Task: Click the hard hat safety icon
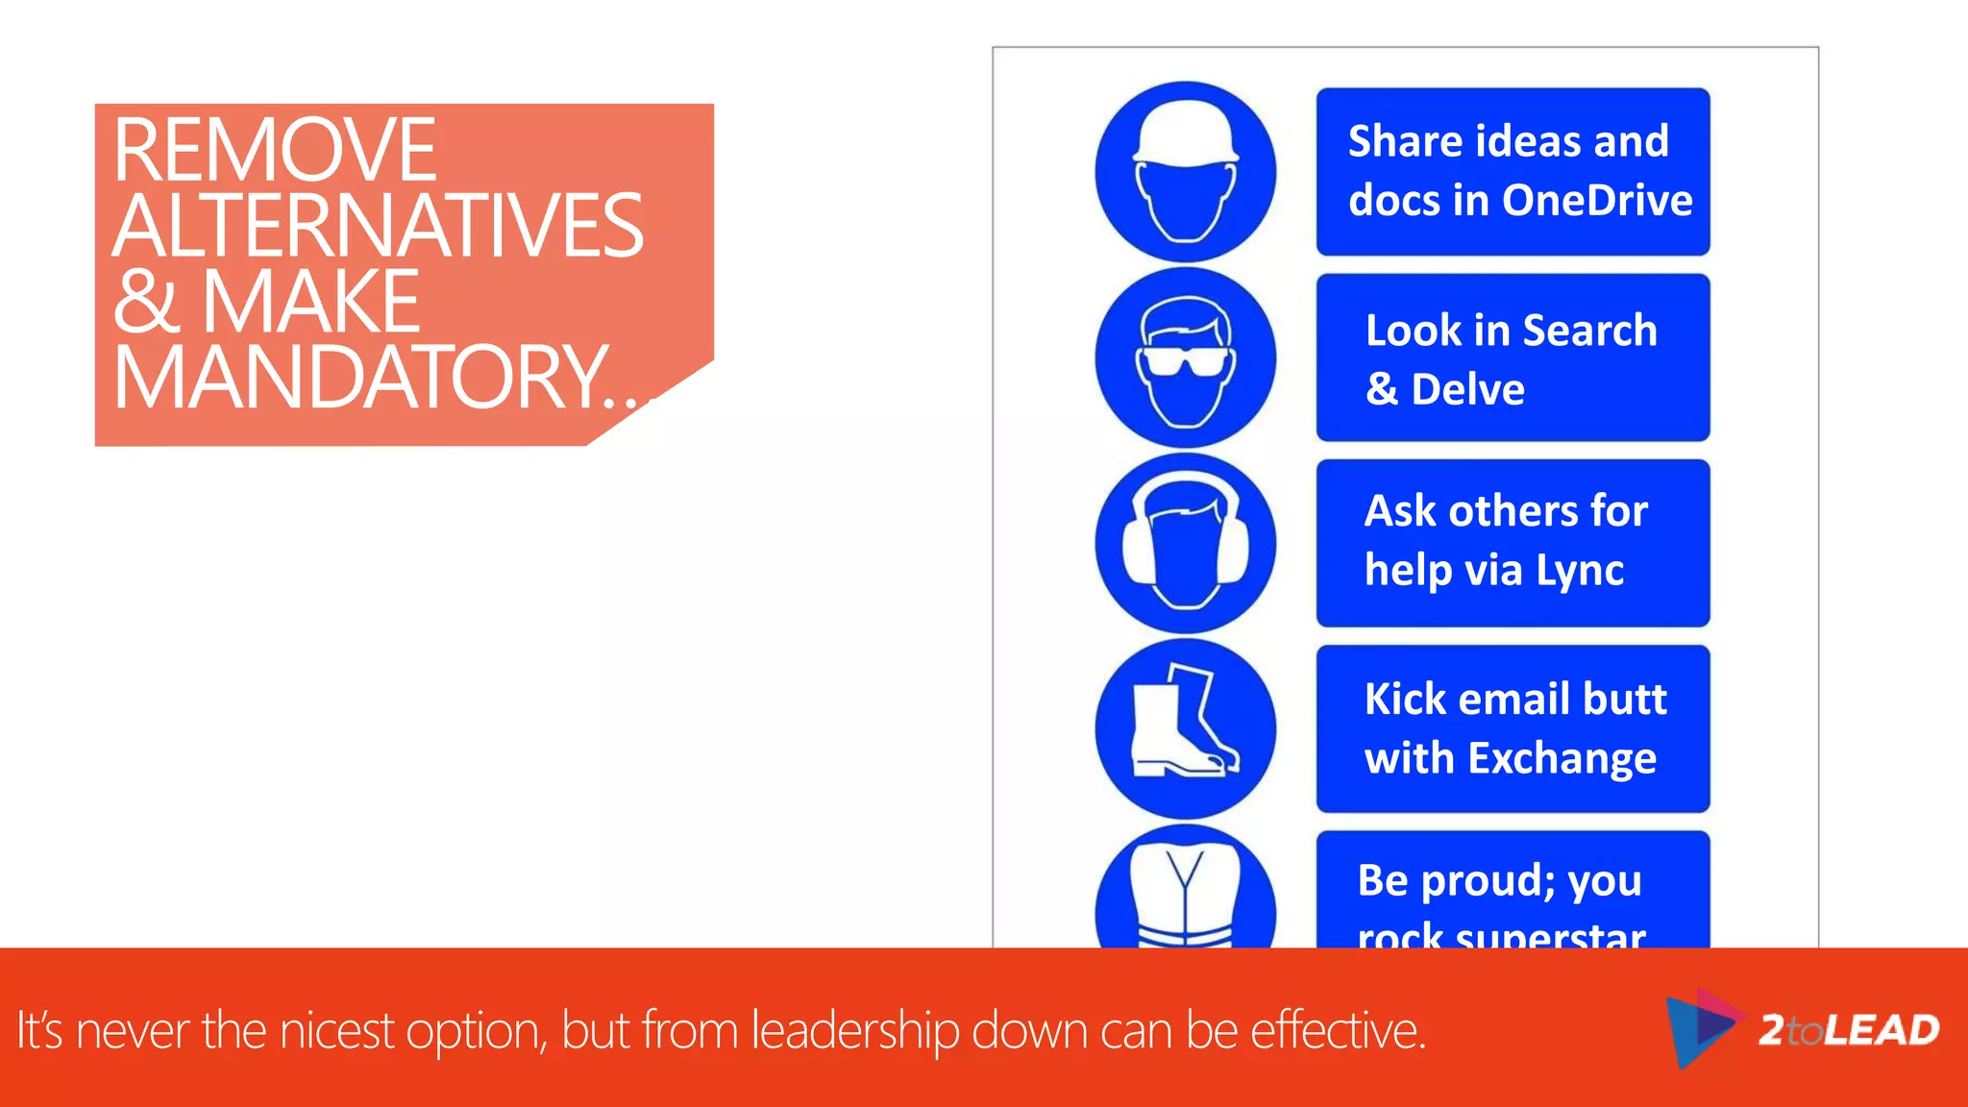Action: pos(1186,172)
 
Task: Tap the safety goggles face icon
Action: pos(1186,357)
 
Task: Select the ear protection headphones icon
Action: pos(1186,543)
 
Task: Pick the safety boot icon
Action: pos(1184,727)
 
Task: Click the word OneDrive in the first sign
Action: pos(1597,201)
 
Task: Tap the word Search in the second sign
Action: pos(1590,331)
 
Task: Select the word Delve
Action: pos(1467,389)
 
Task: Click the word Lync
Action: pos(1580,570)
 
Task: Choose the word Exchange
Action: pos(1562,758)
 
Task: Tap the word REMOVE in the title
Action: pos(275,150)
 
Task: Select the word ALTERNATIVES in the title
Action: pos(378,226)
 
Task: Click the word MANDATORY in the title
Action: pos(360,378)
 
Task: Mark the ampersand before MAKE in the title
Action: pos(146,302)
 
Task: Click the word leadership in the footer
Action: pos(855,1031)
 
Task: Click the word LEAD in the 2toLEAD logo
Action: pos(1882,1030)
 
